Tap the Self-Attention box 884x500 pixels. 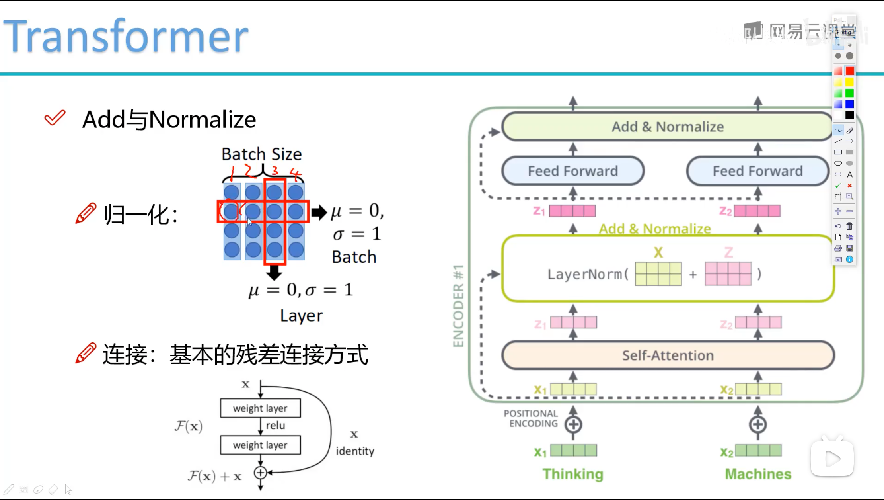coord(668,355)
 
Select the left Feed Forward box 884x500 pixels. coord(572,171)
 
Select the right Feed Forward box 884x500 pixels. coord(757,171)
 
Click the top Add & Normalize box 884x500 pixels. coord(668,127)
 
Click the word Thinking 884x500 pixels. coord(572,474)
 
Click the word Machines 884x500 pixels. coord(758,474)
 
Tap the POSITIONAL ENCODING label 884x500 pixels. coord(531,418)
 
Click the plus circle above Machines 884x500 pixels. coord(758,424)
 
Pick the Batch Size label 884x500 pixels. coord(261,154)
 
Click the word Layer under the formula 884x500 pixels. coord(301,316)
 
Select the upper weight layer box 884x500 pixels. coord(260,408)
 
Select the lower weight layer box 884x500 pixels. coord(260,445)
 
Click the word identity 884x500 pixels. coord(355,451)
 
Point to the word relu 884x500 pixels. coord(275,425)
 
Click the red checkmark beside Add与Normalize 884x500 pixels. coord(55,118)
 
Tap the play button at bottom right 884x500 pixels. coord(832,459)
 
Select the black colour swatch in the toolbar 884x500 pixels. coord(849,115)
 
